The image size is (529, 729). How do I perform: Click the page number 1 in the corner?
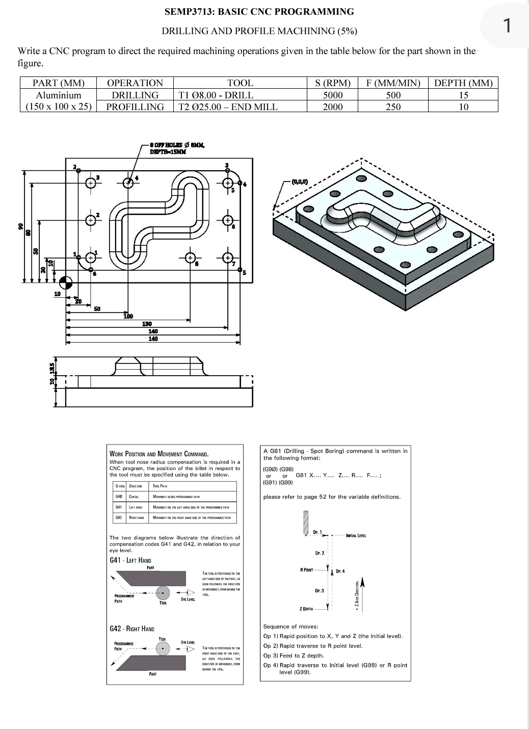[x=507, y=25]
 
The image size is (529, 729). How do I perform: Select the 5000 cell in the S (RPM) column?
[x=333, y=95]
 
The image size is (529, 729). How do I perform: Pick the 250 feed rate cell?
[x=393, y=107]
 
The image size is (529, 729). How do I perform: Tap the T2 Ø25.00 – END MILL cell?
[x=228, y=107]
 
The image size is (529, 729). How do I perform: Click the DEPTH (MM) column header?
[x=463, y=83]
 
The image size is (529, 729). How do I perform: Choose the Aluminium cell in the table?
[x=58, y=95]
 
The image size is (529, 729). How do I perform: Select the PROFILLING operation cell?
[x=135, y=107]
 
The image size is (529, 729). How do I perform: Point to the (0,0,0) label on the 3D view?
[x=299, y=181]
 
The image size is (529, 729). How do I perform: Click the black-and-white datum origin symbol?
[x=66, y=282]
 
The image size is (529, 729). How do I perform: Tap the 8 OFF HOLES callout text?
[x=177, y=145]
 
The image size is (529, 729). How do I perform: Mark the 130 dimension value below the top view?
[x=147, y=324]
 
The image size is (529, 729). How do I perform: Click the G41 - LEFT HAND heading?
[x=130, y=560]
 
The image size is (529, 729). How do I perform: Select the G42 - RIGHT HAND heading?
[x=132, y=629]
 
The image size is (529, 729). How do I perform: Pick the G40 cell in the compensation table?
[x=119, y=496]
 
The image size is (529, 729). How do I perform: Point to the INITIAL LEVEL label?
[x=356, y=535]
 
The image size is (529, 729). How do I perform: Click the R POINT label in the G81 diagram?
[x=307, y=569]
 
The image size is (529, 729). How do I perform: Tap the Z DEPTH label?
[x=307, y=609]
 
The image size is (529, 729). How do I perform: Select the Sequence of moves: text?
[x=290, y=627]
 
